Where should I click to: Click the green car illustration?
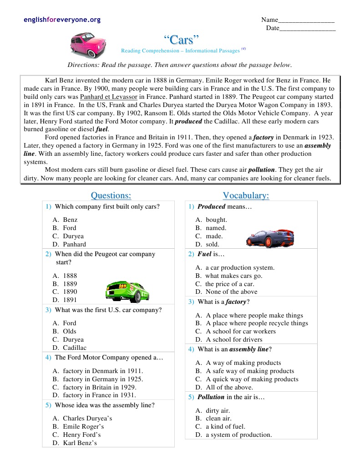point(127,291)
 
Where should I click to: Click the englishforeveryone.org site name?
point(62,20)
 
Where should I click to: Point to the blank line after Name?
point(306,21)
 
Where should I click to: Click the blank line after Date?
point(308,29)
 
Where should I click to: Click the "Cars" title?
point(181,40)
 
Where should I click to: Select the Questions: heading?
point(111,195)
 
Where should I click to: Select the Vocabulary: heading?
point(246,195)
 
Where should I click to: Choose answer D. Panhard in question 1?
point(74,244)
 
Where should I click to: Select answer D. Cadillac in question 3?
point(74,348)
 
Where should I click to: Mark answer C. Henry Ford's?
point(81,435)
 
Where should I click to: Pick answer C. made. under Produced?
point(214,236)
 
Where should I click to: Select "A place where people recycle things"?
point(257,323)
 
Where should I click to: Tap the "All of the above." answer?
point(229,387)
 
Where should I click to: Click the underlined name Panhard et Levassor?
point(108,97)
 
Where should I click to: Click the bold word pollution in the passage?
point(261,170)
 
